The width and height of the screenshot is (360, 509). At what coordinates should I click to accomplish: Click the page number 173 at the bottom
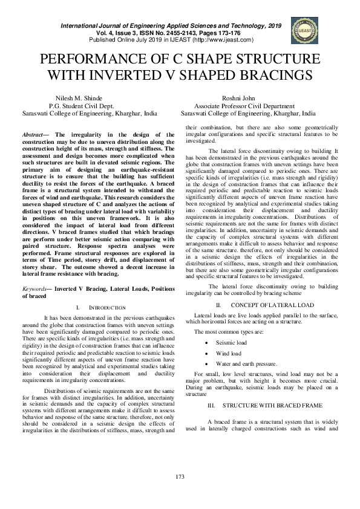click(x=180, y=478)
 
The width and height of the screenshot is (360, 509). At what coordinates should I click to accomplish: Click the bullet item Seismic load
click(x=232, y=343)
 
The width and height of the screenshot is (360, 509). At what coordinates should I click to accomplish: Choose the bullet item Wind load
click(x=229, y=353)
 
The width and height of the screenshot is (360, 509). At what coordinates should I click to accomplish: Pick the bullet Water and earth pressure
click(x=247, y=364)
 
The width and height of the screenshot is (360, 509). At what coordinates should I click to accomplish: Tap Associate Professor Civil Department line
click(x=248, y=105)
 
